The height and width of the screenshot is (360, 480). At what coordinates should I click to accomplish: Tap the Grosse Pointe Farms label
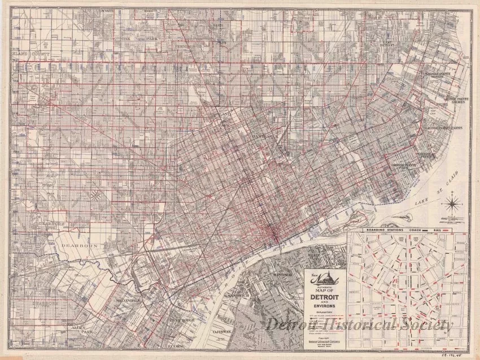(450, 128)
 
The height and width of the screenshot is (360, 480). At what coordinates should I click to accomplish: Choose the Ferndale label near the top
(185, 45)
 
